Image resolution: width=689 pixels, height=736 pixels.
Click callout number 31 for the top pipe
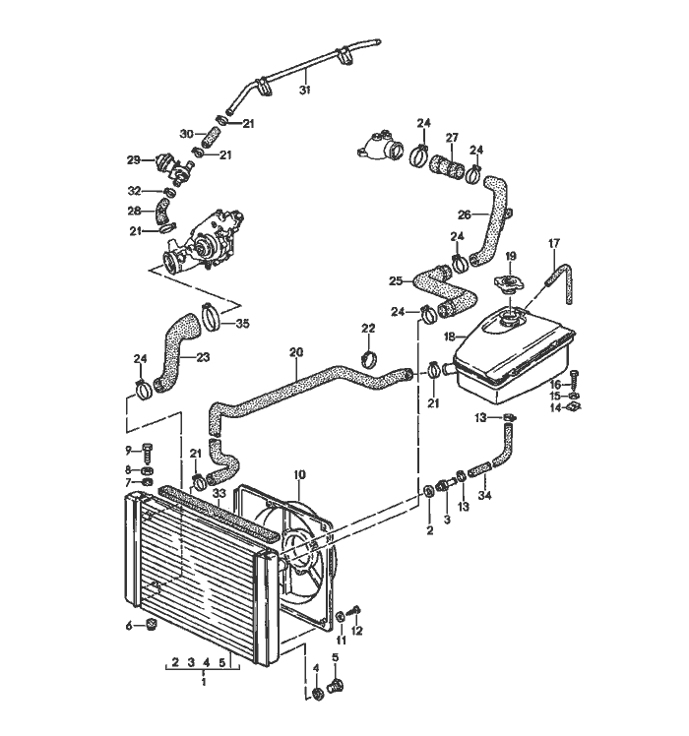305,90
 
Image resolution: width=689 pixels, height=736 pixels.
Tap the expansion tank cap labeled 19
510,283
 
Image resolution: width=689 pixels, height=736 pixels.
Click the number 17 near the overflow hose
553,242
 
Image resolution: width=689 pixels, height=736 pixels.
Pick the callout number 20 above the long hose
295,351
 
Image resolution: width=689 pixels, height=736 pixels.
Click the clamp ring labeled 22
370,355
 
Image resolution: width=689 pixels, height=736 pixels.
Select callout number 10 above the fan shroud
298,474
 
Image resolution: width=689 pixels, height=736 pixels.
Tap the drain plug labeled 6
151,625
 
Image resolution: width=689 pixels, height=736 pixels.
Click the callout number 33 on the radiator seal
219,493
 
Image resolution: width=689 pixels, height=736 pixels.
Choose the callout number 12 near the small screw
357,630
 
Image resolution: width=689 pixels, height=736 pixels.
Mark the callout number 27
452,137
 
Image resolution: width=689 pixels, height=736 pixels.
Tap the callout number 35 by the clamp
242,323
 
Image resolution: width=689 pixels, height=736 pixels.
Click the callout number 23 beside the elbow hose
202,357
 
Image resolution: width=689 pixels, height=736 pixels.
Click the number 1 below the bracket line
203,681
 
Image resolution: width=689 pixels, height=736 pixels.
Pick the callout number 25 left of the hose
396,280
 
